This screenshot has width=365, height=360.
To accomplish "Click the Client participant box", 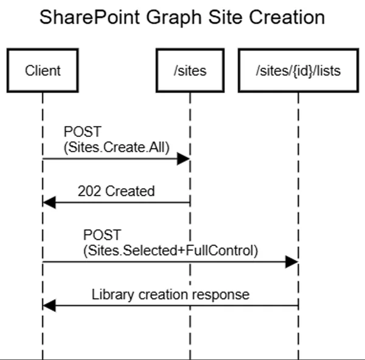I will pos(43,71).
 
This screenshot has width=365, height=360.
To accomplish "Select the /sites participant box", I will pos(189,71).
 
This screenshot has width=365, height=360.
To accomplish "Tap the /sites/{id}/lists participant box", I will pos(298,71).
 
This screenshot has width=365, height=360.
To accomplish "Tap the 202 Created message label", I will pos(116,191).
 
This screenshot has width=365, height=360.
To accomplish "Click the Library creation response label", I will pos(170,294).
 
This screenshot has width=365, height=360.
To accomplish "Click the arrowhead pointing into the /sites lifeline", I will pos(184,159).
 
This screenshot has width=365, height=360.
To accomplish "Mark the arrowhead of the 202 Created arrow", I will pos(49,203).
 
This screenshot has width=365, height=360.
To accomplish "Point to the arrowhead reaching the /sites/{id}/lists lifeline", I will pos(292,261).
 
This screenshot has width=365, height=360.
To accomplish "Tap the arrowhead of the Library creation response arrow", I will pos(49,306).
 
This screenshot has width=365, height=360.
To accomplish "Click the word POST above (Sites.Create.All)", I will pos(80,132).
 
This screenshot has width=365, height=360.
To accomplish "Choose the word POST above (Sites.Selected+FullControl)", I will pos(102,235).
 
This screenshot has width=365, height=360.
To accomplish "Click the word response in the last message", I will pos(223,294).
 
